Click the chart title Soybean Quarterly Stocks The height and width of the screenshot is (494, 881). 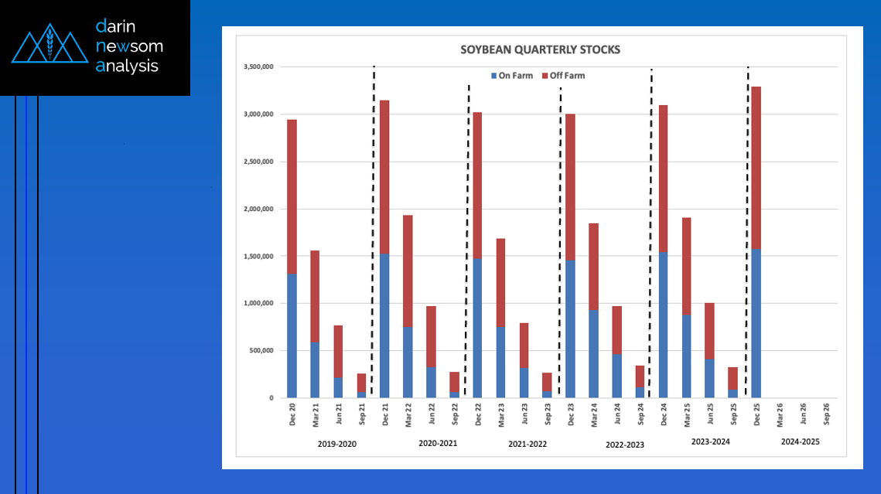540,49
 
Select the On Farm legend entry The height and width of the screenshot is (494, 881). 512,76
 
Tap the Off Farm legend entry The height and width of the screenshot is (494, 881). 564,76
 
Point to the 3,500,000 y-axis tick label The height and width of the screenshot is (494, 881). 258,66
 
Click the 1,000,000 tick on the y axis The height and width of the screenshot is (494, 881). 258,303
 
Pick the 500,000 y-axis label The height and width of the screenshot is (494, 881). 261,350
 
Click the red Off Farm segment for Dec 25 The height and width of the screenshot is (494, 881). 756,168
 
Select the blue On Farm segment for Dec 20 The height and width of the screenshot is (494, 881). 292,336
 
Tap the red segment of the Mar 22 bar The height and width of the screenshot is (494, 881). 408,271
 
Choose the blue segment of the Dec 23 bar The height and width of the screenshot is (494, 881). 570,329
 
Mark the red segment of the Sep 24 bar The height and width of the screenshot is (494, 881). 640,376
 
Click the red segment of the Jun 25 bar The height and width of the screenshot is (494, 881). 709,331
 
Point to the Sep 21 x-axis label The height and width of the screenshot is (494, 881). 362,414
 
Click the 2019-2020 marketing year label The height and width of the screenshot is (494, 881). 337,444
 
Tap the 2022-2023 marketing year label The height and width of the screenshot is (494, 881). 625,445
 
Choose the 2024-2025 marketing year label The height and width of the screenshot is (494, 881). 800,441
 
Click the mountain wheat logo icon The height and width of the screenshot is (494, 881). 50,43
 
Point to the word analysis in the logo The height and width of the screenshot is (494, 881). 127,66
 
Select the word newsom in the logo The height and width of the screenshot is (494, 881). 129,46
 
